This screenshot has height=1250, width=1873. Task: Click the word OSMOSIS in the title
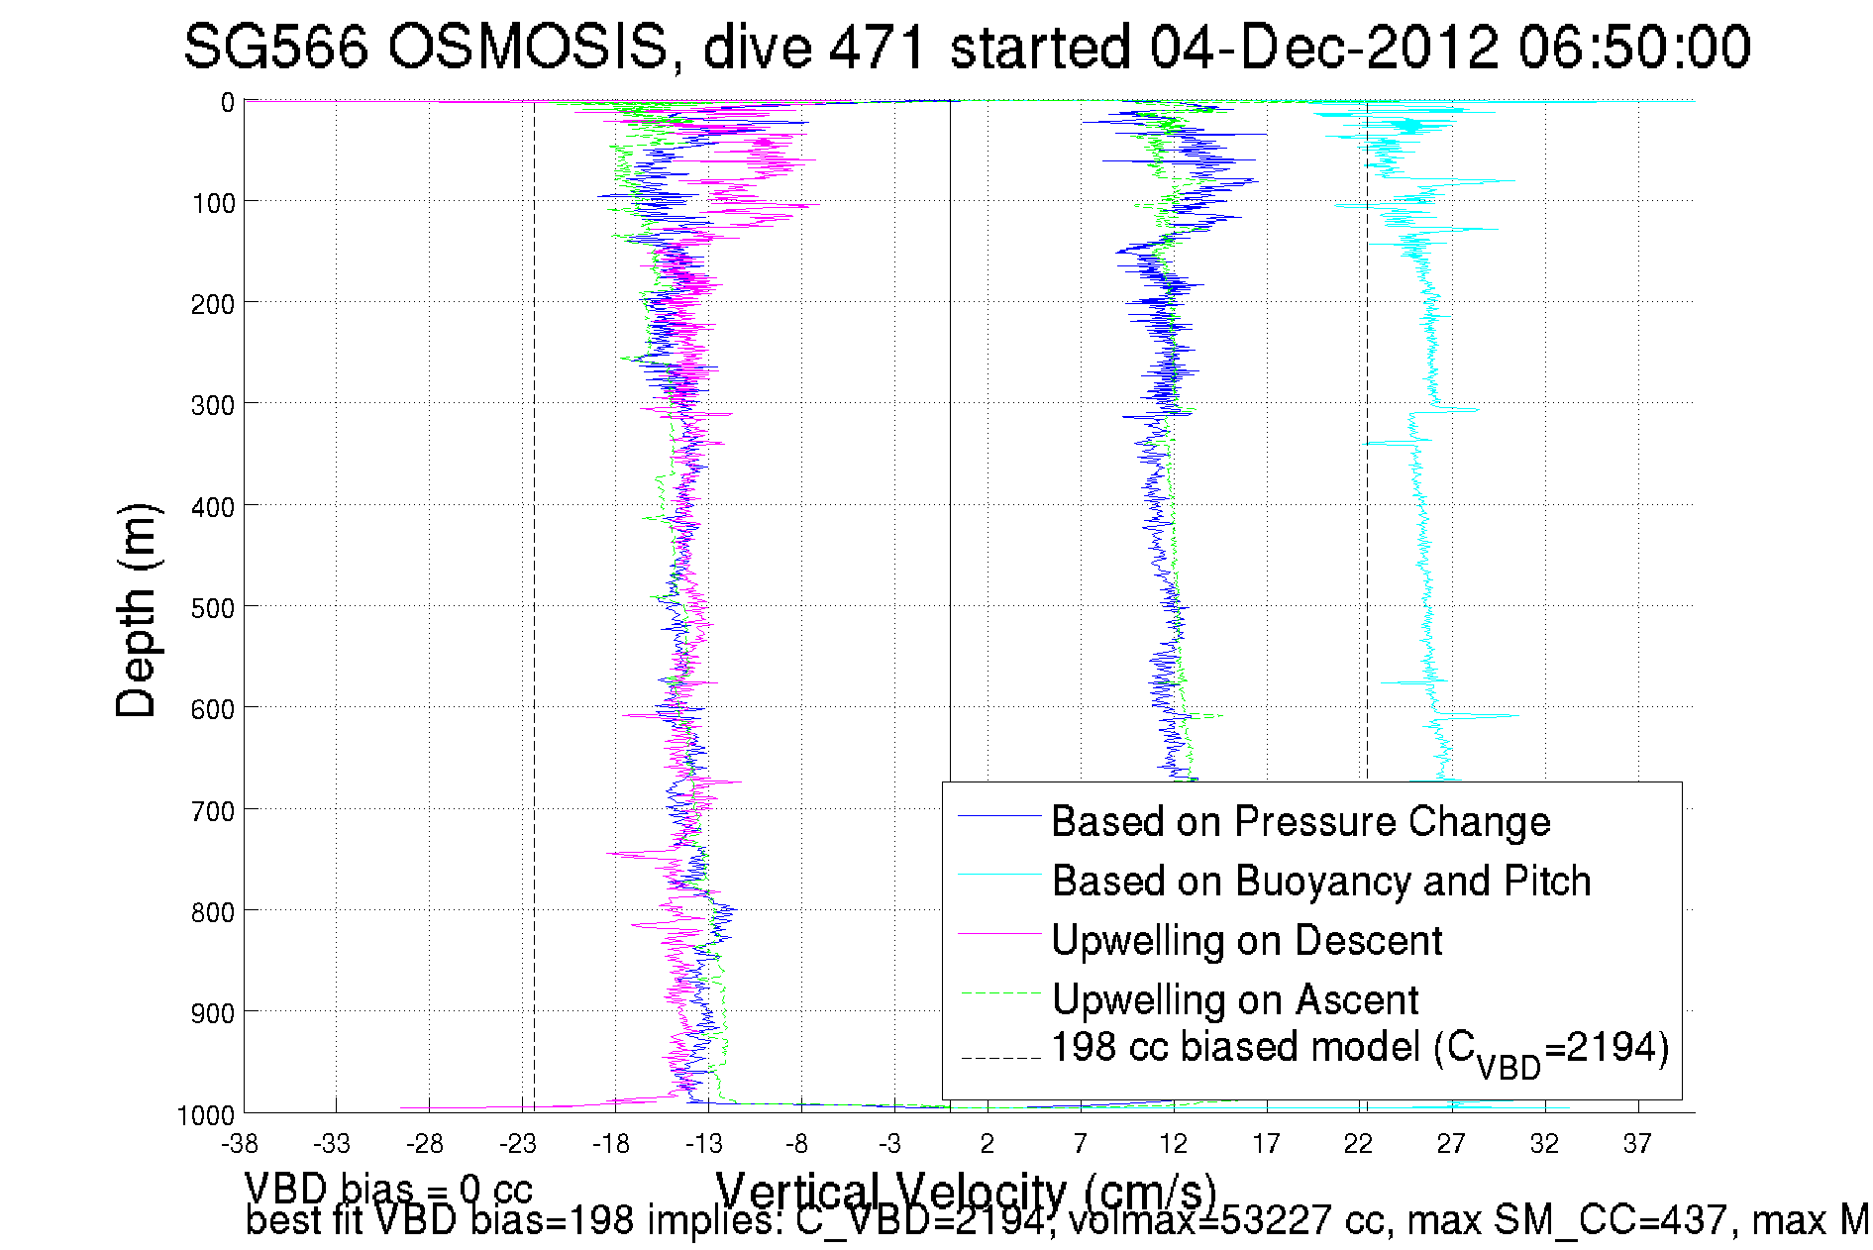tap(527, 47)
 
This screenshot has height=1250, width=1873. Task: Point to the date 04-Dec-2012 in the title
tap(1323, 47)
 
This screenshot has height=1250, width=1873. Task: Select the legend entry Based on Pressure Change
tap(1300, 821)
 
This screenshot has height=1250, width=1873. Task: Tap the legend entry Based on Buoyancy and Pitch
tap(1320, 881)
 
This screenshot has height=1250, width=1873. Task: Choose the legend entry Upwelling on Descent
tap(1246, 940)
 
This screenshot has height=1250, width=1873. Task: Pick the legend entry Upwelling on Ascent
tap(1234, 999)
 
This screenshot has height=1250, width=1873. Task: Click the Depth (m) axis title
tap(137, 610)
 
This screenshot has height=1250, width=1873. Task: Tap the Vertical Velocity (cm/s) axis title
tap(966, 1192)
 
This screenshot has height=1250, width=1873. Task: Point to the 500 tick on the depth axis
tap(213, 608)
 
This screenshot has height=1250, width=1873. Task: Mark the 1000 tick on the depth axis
tap(206, 1115)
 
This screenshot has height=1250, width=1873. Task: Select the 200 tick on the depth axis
tap(213, 304)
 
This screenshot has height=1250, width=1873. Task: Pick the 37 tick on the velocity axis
tap(1637, 1144)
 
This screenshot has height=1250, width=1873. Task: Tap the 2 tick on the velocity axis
tap(988, 1144)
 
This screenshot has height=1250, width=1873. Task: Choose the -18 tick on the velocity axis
tap(611, 1144)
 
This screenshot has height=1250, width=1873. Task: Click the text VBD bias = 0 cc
tap(388, 1188)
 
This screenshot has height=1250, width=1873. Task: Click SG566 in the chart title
tap(276, 47)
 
